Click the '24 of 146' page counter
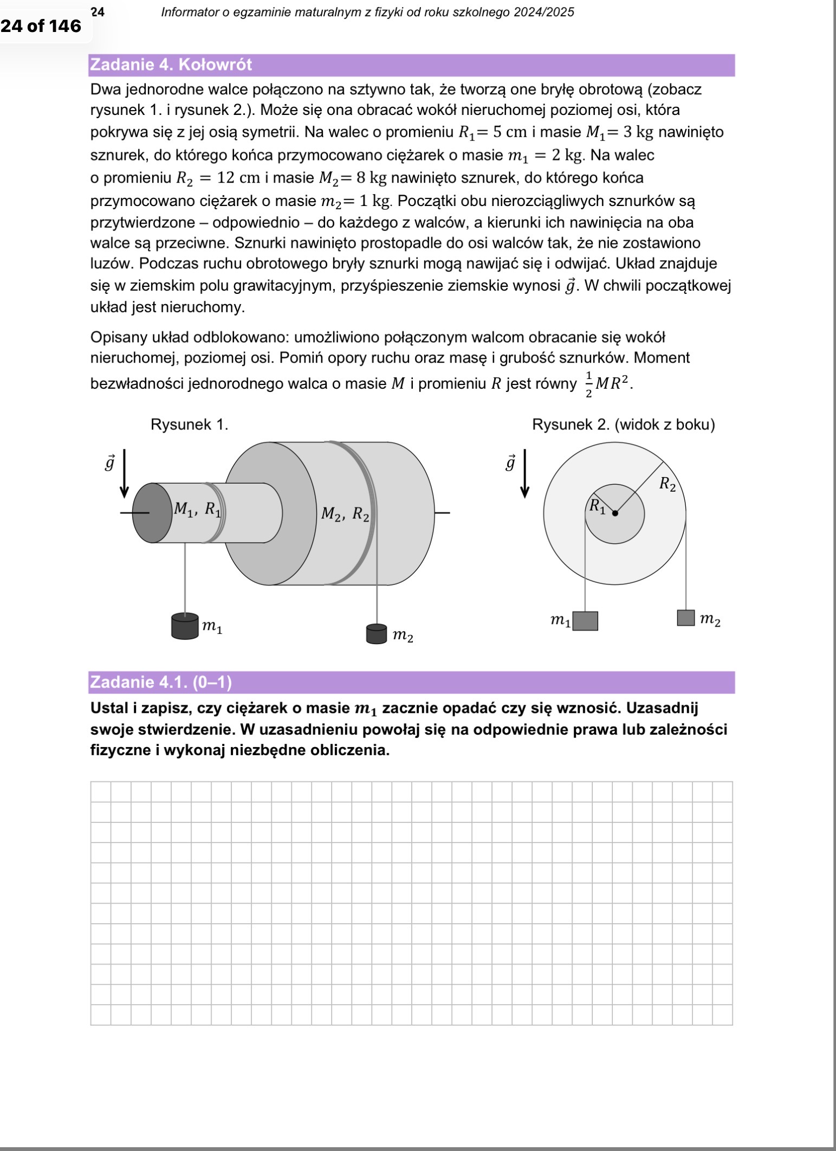[x=41, y=25]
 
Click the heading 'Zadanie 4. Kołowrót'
[x=171, y=65]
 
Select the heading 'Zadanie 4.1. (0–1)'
[x=161, y=682]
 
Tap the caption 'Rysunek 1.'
[x=189, y=425]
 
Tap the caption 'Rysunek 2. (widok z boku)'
[x=623, y=425]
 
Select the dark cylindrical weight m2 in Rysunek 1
[x=377, y=634]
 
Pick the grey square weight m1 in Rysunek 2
[x=585, y=621]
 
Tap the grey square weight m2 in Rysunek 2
[x=686, y=618]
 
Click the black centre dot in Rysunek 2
[x=614, y=513]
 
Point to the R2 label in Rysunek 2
[x=667, y=484]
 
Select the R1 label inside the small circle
[x=597, y=506]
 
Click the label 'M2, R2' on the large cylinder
[x=345, y=513]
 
